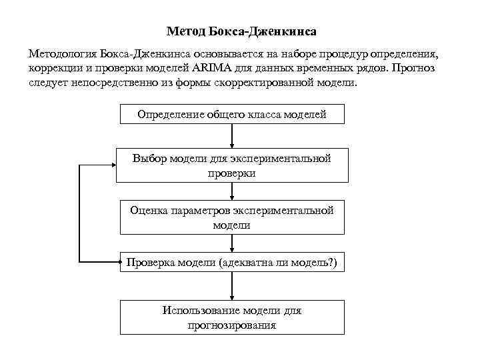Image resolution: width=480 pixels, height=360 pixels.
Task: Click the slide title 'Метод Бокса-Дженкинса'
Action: pos(240,31)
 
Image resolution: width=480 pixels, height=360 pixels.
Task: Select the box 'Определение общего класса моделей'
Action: pos(232,114)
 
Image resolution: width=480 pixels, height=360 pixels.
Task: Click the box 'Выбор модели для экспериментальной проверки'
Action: pos(232,165)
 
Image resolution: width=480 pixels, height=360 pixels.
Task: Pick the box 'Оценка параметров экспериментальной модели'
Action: pos(232,217)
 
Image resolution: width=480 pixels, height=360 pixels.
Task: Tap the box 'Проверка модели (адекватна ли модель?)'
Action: pos(232,263)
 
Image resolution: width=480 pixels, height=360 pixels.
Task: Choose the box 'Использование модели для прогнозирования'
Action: pos(232,317)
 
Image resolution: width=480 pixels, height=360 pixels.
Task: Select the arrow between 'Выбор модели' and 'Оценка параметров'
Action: pos(232,192)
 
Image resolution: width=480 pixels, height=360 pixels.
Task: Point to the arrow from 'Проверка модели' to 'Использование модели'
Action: pos(232,287)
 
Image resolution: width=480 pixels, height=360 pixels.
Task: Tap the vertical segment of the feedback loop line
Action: pos(79,213)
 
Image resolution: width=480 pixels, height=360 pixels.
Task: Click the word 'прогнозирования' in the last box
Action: pos(232,325)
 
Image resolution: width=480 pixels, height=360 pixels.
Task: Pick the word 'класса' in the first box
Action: pos(264,114)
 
